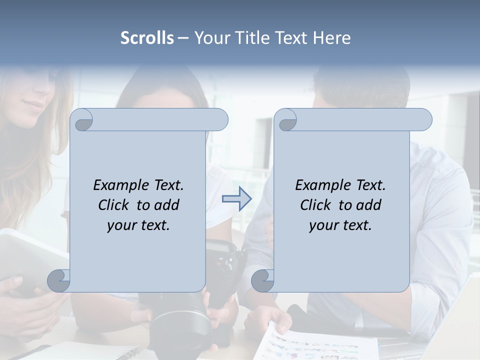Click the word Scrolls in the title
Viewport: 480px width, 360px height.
click(147, 38)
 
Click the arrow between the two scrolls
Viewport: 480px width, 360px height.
click(236, 199)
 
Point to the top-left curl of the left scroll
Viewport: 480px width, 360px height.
click(82, 120)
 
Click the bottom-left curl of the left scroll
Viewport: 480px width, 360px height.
click(59, 280)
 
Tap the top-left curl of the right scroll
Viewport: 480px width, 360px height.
click(286, 120)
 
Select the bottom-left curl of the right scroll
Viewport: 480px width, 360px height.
click(262, 280)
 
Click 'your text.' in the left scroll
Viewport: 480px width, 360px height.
click(138, 225)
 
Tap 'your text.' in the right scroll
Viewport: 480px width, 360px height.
click(340, 225)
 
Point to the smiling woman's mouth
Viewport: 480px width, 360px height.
click(33, 106)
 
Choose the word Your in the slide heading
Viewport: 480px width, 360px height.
click(210, 38)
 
